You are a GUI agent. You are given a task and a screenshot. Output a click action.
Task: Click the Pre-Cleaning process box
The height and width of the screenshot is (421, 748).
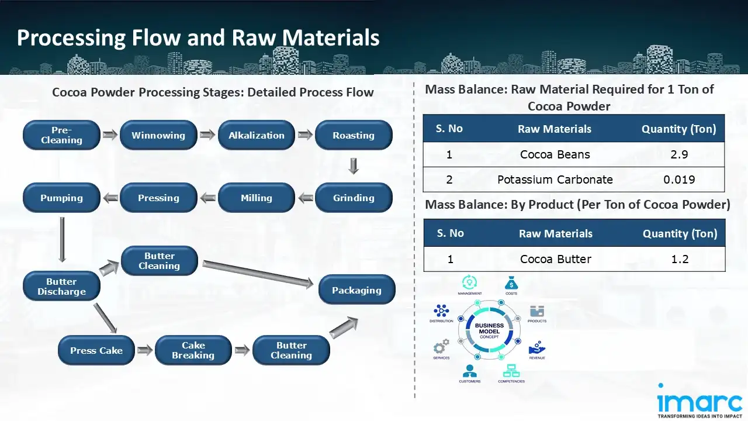tap(61, 135)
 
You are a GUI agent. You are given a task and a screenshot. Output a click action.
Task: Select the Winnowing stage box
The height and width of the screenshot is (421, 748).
tap(158, 135)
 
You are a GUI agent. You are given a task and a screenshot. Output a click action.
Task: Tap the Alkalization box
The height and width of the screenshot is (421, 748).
tap(256, 135)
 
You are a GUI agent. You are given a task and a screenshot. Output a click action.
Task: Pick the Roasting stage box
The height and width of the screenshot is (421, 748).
tap(354, 135)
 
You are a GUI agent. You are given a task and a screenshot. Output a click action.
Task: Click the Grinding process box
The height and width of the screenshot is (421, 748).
tap(354, 198)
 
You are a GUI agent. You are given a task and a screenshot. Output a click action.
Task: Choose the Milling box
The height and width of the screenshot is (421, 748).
tap(256, 198)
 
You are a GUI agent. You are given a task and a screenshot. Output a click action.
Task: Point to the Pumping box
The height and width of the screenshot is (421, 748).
tap(61, 198)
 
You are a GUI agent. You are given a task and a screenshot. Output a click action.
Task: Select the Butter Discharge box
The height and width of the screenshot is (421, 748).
tap(61, 287)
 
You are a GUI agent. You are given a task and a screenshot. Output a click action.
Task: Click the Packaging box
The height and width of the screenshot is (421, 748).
tap(356, 290)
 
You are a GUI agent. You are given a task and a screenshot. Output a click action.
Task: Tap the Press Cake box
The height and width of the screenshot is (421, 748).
tap(96, 351)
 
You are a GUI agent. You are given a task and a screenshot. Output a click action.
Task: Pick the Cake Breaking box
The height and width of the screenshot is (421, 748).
tap(193, 350)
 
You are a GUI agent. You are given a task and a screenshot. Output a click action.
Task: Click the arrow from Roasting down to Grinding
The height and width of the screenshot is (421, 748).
tap(354, 167)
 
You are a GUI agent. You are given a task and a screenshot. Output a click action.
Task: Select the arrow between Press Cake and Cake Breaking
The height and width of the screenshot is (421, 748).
tap(146, 351)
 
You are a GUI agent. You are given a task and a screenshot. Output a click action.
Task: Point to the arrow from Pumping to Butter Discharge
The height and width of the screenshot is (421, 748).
tap(61, 240)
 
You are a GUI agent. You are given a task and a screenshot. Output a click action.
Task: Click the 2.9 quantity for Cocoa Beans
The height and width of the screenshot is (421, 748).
tap(679, 154)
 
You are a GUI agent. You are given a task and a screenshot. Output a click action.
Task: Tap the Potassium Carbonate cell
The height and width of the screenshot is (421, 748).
tap(555, 180)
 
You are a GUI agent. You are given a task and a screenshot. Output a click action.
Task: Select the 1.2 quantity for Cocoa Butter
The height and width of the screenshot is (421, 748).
tap(680, 259)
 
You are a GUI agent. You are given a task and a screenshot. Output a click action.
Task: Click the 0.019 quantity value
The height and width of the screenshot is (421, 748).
tap(679, 180)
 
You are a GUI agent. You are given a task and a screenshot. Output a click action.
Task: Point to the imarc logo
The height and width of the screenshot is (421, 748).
tap(699, 401)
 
